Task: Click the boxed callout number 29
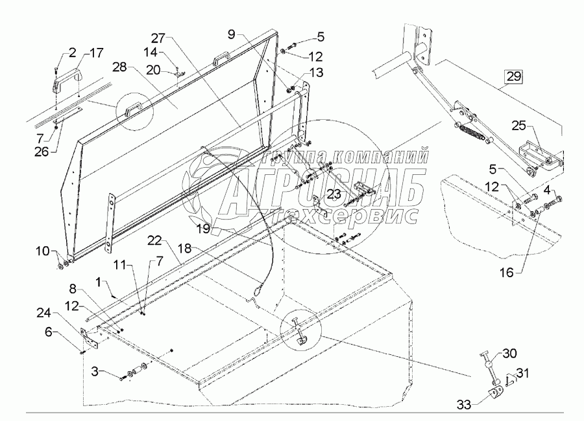coord(513,77)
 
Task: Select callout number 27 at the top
coord(160,37)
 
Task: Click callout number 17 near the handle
coord(95,52)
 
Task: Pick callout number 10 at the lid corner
coord(60,250)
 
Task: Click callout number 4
coord(548,190)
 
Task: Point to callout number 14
coord(150,51)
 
